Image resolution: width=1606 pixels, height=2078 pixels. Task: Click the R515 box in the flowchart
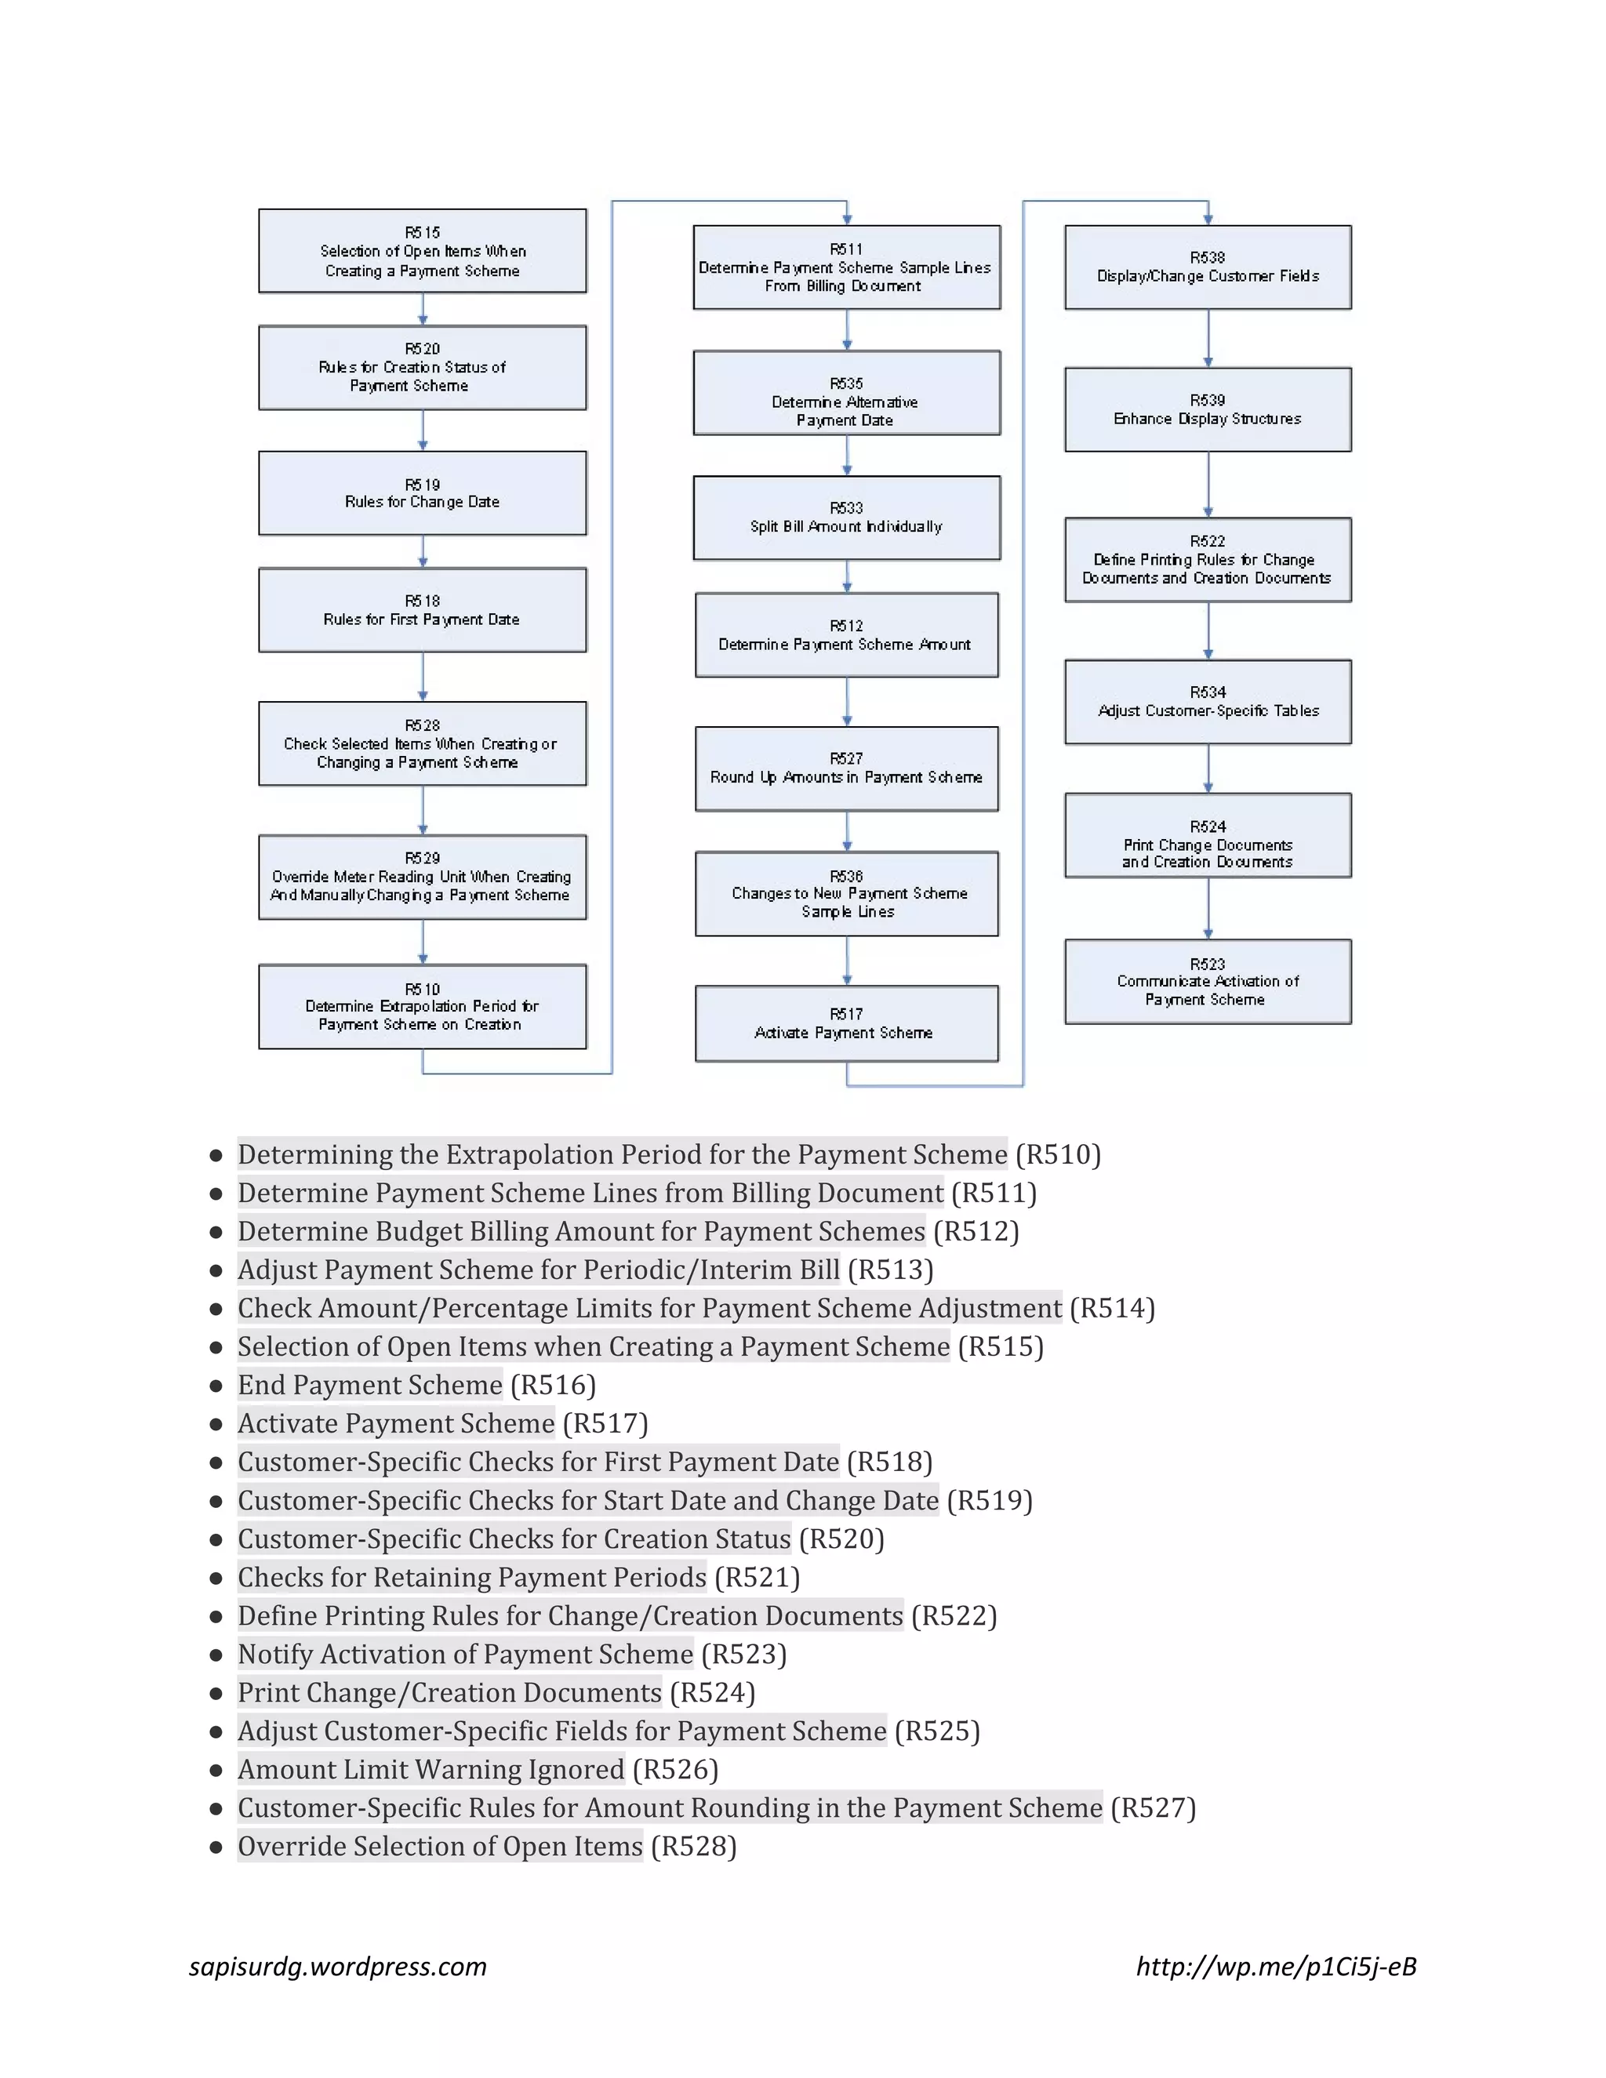423,251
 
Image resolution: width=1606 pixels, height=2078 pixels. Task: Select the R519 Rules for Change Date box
423,493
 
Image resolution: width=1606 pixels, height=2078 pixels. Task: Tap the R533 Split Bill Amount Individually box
847,518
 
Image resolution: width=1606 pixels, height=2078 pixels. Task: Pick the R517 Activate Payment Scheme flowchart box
847,1024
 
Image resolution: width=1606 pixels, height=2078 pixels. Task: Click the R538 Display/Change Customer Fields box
1208,267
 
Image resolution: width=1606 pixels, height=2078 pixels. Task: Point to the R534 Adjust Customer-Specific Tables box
1208,702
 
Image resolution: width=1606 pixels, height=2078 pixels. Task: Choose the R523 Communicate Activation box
1208,982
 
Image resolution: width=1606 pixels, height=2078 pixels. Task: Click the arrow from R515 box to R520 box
423,309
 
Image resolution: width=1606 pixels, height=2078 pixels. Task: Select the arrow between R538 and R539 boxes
1208,339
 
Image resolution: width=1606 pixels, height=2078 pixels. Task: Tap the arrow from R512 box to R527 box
847,702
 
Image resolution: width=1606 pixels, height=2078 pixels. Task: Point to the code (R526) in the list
675,1769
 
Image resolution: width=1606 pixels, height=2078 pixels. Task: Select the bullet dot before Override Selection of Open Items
216,1846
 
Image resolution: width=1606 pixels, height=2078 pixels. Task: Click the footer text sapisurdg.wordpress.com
338,1966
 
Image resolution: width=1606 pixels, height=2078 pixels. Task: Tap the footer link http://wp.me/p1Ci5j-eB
1276,1966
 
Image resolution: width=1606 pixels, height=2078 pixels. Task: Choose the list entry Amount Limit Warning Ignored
431,1769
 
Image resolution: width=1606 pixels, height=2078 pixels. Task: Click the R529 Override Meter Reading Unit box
423,877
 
